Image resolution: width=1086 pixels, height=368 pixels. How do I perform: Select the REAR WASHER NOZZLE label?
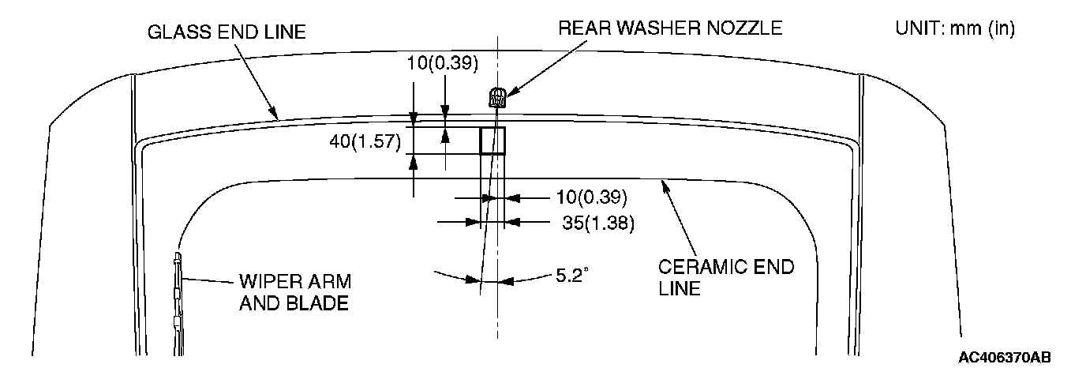click(669, 28)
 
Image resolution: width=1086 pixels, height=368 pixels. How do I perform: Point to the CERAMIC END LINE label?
click(726, 277)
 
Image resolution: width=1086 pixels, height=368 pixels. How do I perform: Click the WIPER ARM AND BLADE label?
click(294, 292)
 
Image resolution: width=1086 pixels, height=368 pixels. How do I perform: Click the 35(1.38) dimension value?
click(598, 223)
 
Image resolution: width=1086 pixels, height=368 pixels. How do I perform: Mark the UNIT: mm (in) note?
click(955, 28)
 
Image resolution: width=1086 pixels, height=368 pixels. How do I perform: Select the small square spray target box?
click(492, 141)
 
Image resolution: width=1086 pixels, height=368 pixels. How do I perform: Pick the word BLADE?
click(322, 303)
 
